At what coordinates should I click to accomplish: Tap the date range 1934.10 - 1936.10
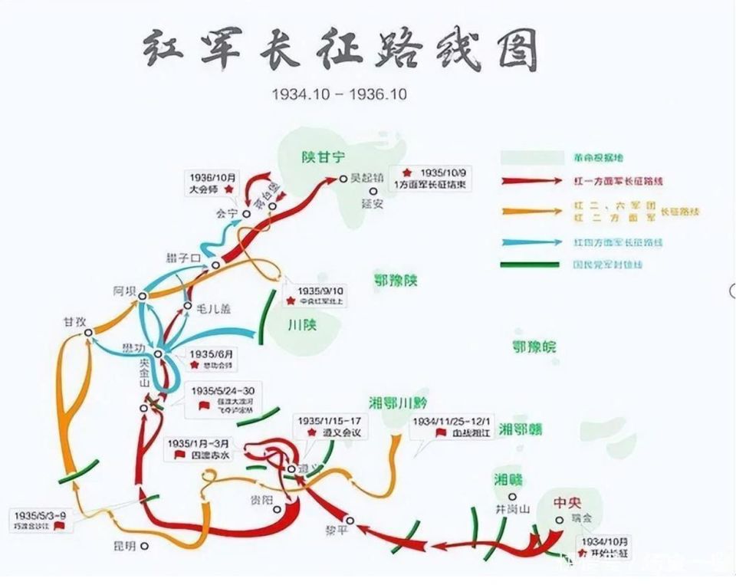click(x=339, y=94)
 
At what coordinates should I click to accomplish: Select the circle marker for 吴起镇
click(x=343, y=178)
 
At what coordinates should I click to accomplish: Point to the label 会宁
click(x=227, y=214)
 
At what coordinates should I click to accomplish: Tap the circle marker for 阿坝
click(x=142, y=295)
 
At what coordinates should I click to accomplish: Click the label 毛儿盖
click(x=212, y=307)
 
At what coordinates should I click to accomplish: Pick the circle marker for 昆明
click(x=144, y=547)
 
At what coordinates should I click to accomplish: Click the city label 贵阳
click(x=261, y=500)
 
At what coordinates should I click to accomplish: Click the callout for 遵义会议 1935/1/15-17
click(x=330, y=426)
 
